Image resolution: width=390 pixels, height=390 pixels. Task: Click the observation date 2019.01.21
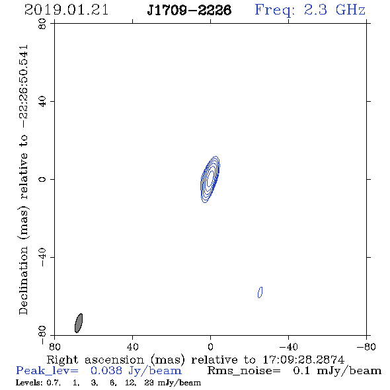[x=66, y=10]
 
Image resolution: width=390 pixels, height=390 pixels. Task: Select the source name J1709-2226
[x=189, y=11]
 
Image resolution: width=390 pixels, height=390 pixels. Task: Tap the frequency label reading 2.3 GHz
[x=334, y=10]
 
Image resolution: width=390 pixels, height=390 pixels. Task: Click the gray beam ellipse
[x=79, y=323]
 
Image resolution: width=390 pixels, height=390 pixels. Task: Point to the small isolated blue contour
[x=260, y=292]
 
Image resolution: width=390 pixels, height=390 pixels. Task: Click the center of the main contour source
[x=210, y=179]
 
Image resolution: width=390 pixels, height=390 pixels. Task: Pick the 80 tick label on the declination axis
[x=42, y=24]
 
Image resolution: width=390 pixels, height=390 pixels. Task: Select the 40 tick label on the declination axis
[x=42, y=102]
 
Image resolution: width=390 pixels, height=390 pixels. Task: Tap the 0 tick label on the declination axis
[x=42, y=179]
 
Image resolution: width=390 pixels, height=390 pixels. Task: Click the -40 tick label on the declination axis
[x=42, y=257]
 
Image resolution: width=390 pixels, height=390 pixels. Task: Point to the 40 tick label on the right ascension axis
[x=133, y=346]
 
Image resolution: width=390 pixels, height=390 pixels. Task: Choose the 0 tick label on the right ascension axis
[x=210, y=346]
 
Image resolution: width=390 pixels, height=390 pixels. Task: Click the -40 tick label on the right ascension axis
[x=288, y=346]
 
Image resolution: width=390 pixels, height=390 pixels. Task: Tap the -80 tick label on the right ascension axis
[x=366, y=346]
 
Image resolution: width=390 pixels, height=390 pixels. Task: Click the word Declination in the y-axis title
[x=23, y=280]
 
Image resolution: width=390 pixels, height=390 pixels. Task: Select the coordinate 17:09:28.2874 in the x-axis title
[x=303, y=360]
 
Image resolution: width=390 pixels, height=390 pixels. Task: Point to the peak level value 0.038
[x=106, y=371]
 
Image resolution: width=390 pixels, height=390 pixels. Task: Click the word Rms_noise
[x=244, y=371]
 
